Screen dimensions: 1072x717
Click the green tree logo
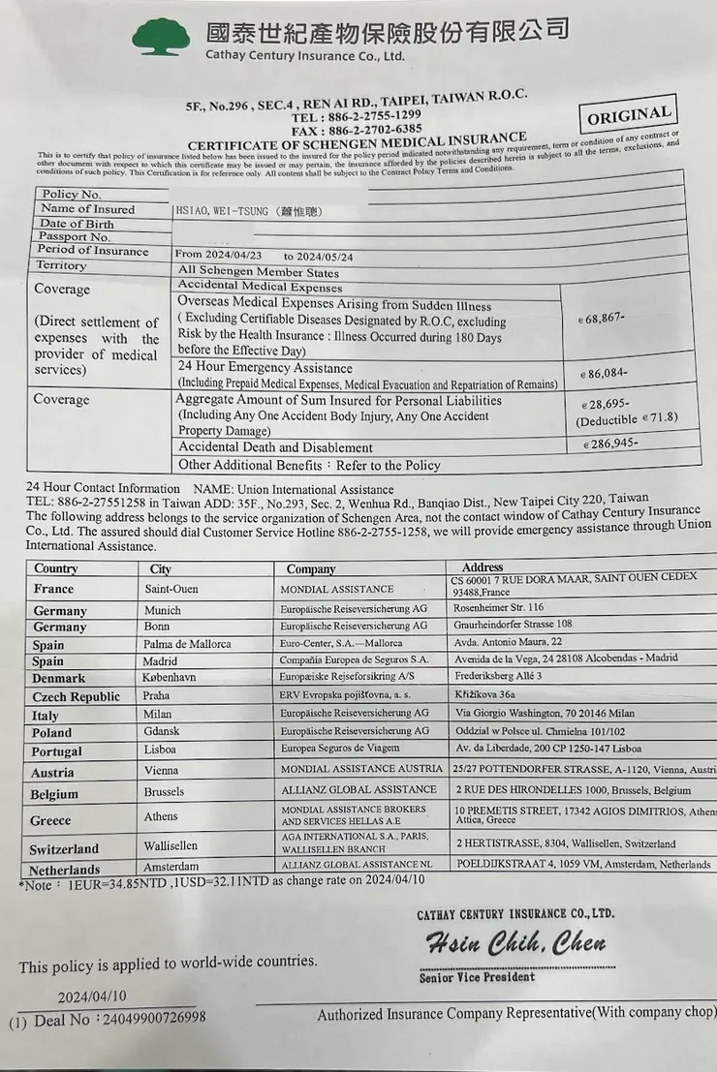(161, 38)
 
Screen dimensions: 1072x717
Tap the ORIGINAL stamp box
(629, 115)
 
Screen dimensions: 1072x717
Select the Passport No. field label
(75, 236)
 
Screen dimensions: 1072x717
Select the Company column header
(311, 569)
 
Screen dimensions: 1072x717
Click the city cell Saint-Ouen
(171, 589)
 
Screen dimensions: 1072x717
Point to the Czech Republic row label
(77, 696)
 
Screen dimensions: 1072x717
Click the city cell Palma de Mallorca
(187, 644)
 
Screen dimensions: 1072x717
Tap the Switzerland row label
(65, 848)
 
